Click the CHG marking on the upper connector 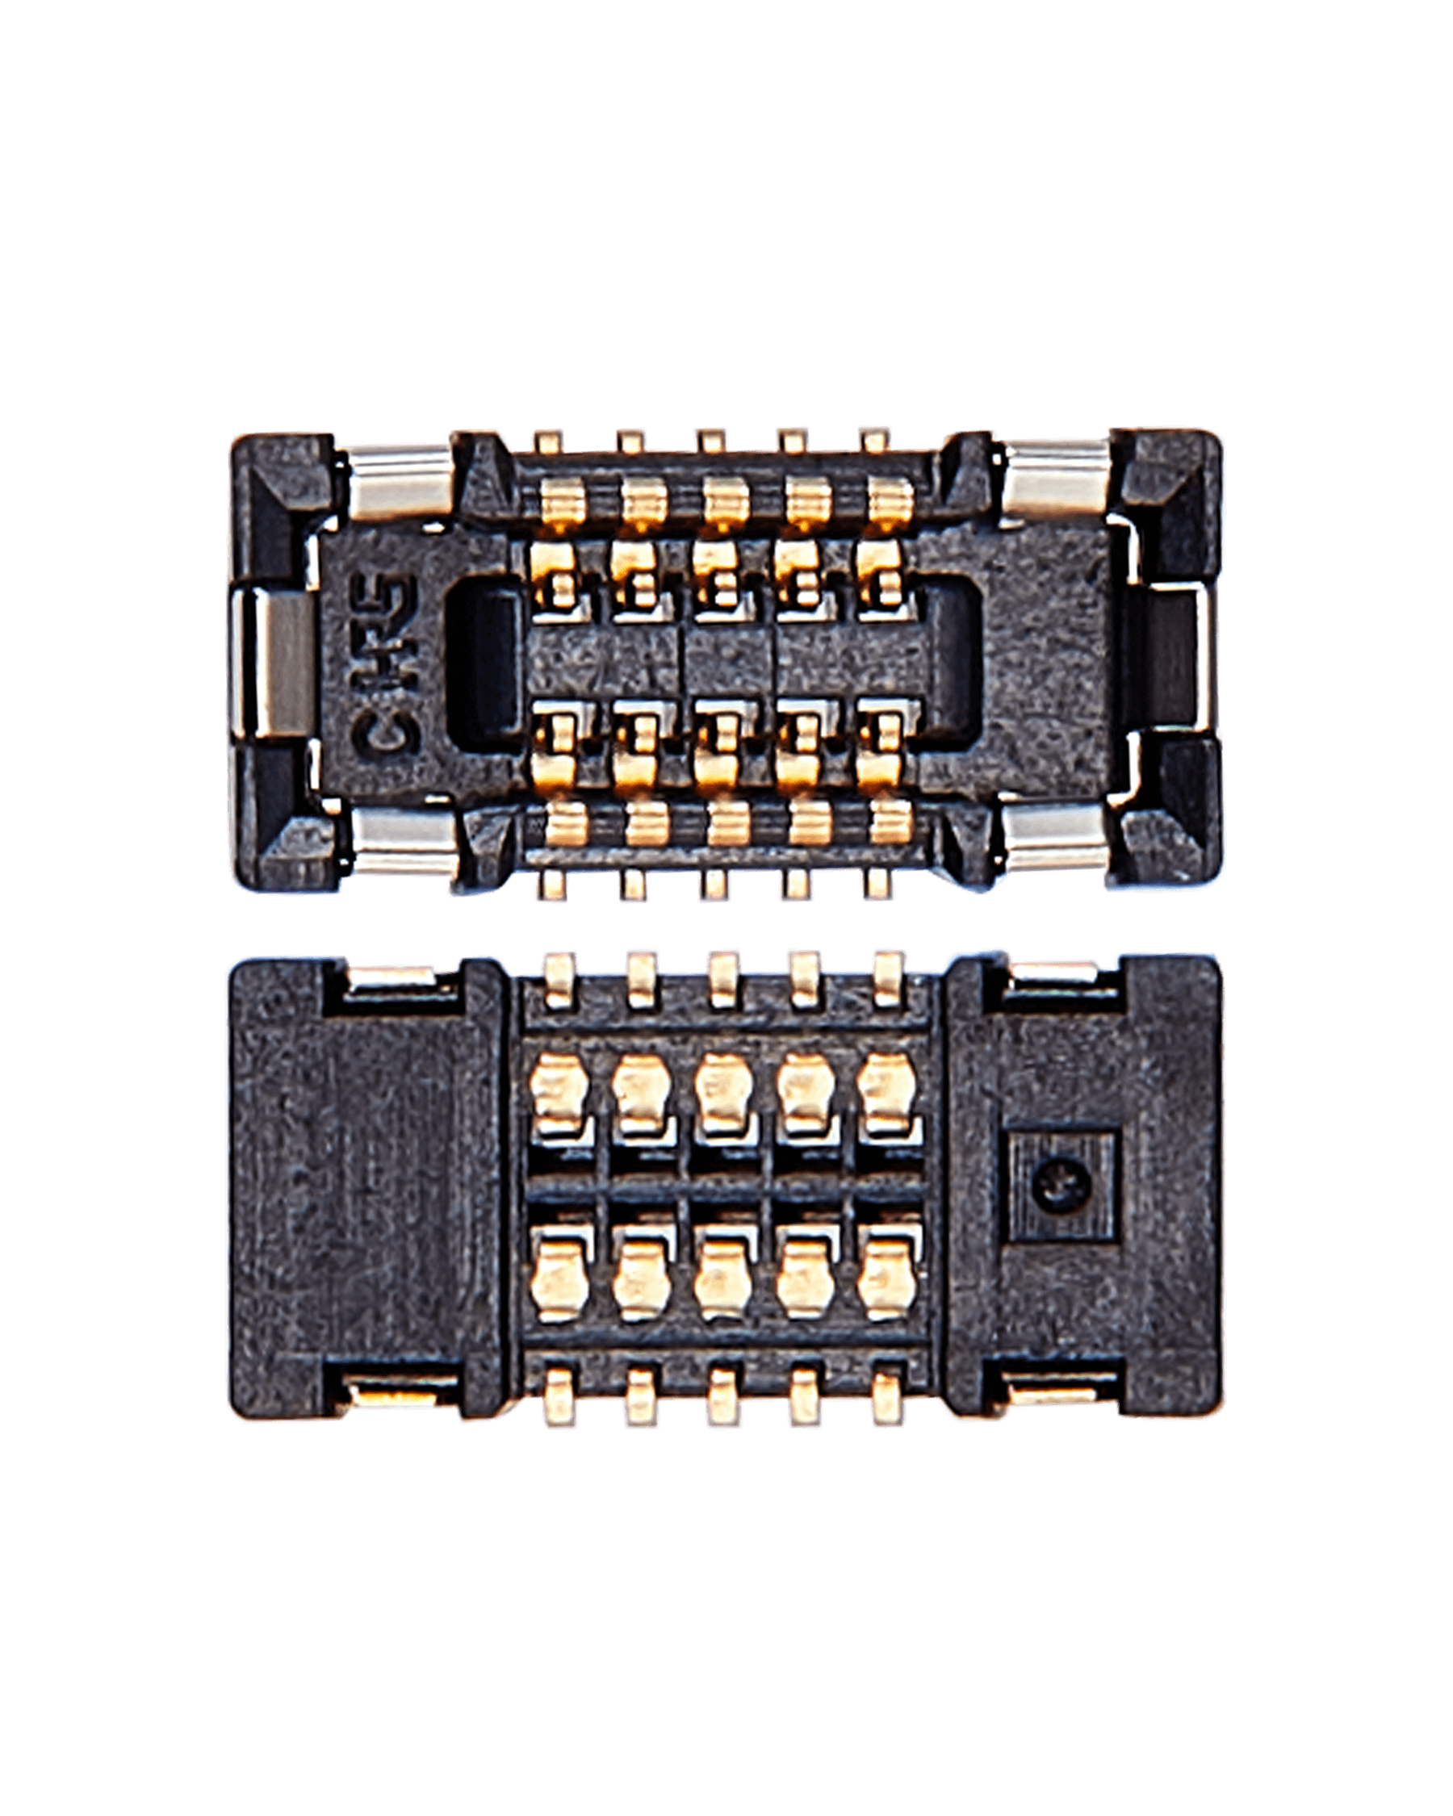[385, 665]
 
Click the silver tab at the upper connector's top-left [400, 480]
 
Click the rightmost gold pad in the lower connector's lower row [885, 1282]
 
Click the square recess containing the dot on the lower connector [1064, 1186]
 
